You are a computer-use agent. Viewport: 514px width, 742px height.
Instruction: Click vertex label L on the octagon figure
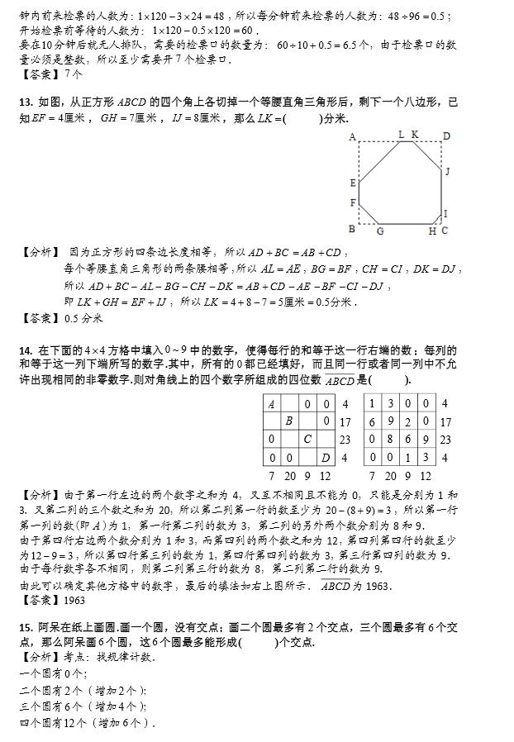click(401, 135)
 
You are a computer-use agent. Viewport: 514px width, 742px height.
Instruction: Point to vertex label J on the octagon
click(447, 172)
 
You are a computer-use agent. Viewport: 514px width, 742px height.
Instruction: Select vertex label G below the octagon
click(380, 231)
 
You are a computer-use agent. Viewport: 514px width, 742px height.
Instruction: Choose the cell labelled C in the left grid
click(307, 440)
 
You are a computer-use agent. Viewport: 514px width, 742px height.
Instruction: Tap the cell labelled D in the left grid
click(325, 457)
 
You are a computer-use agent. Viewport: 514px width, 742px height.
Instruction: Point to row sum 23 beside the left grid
click(345, 440)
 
